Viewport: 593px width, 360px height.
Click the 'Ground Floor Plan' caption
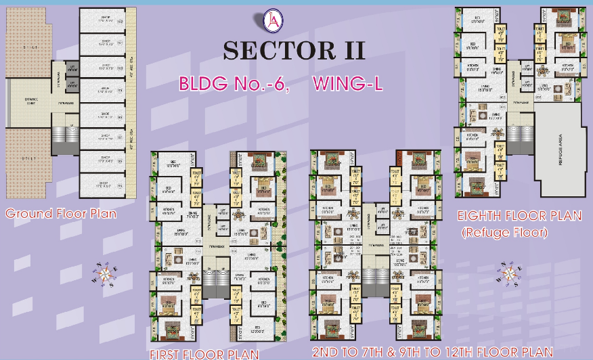tap(61, 214)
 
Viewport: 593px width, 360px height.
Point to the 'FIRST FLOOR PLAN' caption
tap(204, 354)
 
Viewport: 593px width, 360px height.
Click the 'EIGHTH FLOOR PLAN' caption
tap(519, 217)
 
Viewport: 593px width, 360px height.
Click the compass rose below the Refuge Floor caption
tap(510, 274)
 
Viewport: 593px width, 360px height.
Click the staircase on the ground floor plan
tap(62, 139)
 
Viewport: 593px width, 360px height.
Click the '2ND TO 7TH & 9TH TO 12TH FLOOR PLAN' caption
tap(433, 353)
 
